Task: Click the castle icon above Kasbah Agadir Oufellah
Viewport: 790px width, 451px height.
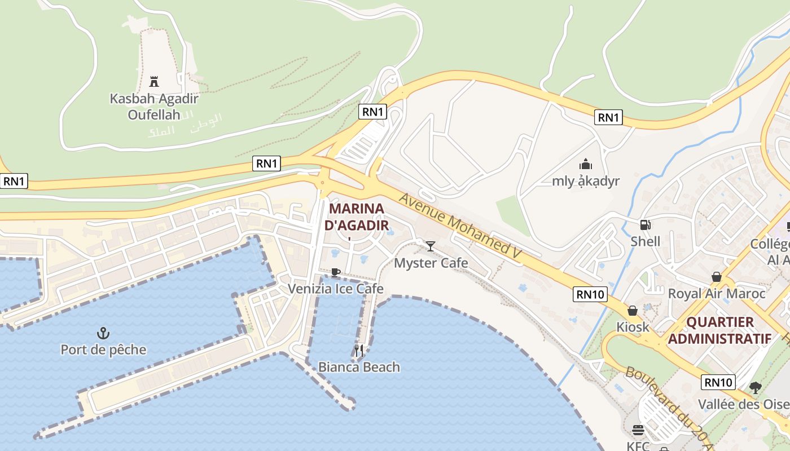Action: (153, 81)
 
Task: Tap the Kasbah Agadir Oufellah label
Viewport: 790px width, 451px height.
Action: (153, 107)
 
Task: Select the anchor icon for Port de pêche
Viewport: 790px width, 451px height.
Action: (103, 333)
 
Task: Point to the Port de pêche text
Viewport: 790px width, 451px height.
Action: (103, 350)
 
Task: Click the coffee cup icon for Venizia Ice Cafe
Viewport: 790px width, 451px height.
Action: (336, 273)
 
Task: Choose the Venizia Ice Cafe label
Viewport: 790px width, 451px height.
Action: (336, 289)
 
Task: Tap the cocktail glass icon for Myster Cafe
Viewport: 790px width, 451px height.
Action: (431, 246)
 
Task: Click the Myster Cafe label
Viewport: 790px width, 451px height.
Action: (431, 263)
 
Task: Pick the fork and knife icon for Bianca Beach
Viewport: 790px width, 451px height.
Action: (359, 350)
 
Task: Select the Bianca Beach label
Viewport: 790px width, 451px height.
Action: (359, 367)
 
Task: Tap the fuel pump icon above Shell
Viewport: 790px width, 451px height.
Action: (646, 225)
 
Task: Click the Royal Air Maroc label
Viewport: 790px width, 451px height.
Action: (717, 294)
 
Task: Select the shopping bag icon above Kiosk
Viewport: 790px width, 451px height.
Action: (633, 311)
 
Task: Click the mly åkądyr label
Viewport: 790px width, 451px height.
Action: (586, 181)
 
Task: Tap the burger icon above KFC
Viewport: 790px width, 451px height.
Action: (638, 431)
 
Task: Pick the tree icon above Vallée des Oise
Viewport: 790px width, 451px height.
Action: (756, 388)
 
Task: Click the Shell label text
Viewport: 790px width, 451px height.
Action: (646, 241)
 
